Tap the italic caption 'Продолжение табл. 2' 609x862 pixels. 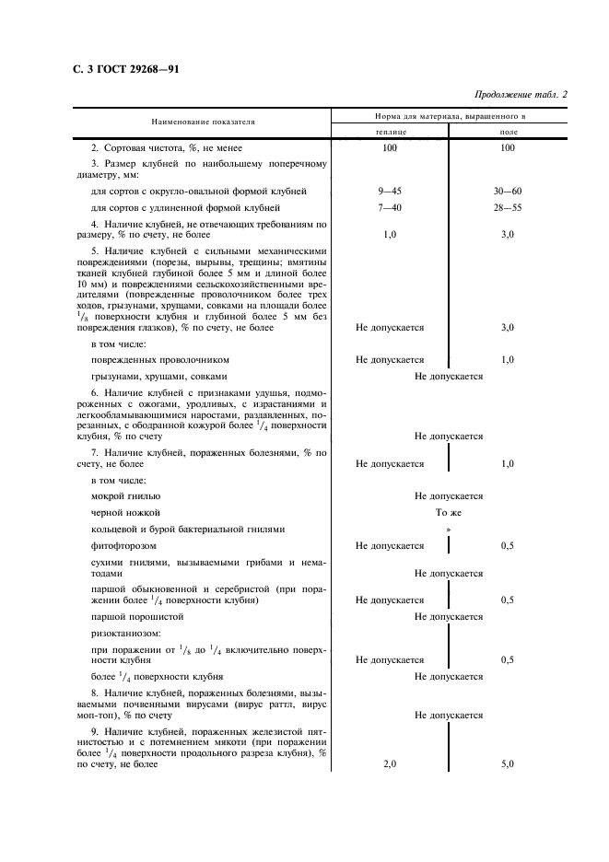(521, 95)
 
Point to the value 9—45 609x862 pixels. (389, 192)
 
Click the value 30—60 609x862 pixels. (508, 192)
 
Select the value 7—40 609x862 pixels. (389, 208)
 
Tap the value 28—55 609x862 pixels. (508, 208)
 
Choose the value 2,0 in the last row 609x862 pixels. (389, 764)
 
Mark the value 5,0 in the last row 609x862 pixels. (508, 764)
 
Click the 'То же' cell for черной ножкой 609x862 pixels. (449, 512)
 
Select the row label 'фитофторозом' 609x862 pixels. (123, 545)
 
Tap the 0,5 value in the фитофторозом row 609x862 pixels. (508, 545)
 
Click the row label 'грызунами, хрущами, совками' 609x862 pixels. (159, 376)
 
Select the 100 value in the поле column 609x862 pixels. (508, 147)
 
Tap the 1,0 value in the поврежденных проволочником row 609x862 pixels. (508, 359)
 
